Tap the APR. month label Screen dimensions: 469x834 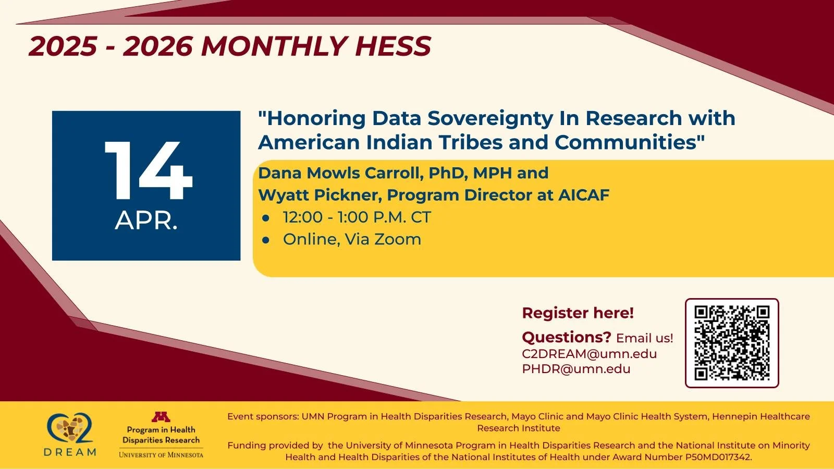[x=146, y=220]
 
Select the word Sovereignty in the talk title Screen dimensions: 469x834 [x=490, y=118]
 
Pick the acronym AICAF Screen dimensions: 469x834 [x=583, y=195]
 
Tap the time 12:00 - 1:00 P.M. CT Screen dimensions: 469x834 [x=357, y=217]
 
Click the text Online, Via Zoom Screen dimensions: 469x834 [x=352, y=239]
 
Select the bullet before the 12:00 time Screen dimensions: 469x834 [x=266, y=218]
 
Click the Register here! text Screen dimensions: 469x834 [x=578, y=313]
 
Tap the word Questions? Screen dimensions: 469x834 [x=566, y=337]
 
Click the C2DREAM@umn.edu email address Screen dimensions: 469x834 [x=589, y=354]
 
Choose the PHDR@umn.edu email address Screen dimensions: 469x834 [x=576, y=369]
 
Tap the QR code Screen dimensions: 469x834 [x=732, y=343]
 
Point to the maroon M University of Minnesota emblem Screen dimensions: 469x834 [x=161, y=417]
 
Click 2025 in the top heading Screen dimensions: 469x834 [x=63, y=46]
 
